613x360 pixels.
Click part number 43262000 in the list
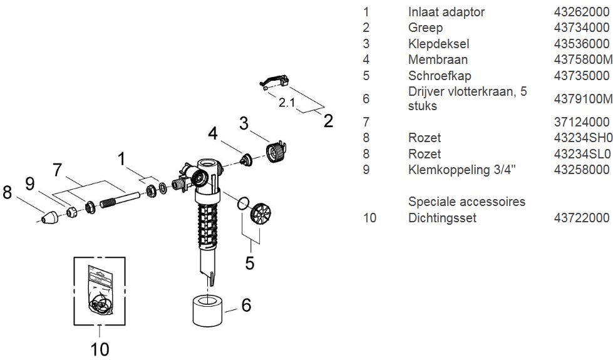click(x=582, y=12)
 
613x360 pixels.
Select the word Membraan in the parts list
click(x=438, y=59)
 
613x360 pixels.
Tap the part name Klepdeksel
click(x=438, y=44)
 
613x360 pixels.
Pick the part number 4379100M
click(x=583, y=99)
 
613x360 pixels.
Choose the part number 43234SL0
click(x=583, y=154)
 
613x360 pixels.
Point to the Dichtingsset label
click(x=442, y=218)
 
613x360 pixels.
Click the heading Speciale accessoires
click(x=466, y=202)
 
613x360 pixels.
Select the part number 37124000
click(x=582, y=121)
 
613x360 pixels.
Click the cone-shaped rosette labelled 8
click(x=49, y=219)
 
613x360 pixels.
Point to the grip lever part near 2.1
click(x=274, y=81)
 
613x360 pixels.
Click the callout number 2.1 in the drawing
click(x=287, y=103)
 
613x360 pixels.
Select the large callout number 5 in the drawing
click(x=250, y=263)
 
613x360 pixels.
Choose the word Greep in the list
click(x=425, y=28)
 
